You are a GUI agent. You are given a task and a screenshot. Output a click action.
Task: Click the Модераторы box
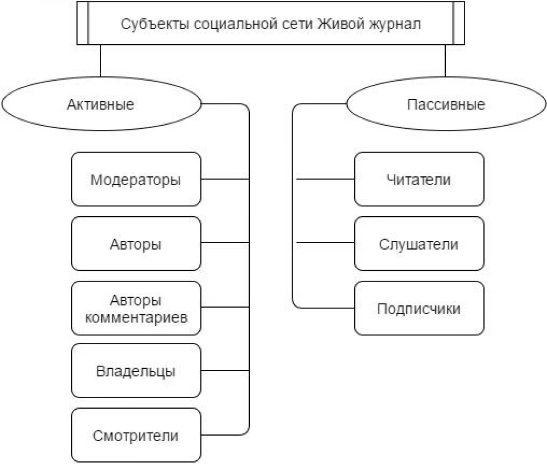136,179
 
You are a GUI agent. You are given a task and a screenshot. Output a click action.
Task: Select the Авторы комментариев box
136,308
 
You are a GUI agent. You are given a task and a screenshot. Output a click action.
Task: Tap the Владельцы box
136,371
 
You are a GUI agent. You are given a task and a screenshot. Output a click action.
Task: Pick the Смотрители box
136,435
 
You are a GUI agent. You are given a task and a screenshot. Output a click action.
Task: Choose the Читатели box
419,179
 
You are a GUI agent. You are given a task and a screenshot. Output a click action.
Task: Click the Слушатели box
419,244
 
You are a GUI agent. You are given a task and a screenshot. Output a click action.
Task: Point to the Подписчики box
419,308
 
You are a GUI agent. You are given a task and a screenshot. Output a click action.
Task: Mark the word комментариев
137,317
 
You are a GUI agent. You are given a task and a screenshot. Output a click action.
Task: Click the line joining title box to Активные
100,61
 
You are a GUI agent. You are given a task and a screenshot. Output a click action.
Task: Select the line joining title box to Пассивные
445,61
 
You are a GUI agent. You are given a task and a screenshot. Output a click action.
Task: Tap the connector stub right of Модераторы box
225,179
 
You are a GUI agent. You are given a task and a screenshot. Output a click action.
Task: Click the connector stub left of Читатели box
326,179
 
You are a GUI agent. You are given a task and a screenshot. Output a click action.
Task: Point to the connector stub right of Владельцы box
225,370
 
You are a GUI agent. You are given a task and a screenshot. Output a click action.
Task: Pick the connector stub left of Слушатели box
326,243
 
